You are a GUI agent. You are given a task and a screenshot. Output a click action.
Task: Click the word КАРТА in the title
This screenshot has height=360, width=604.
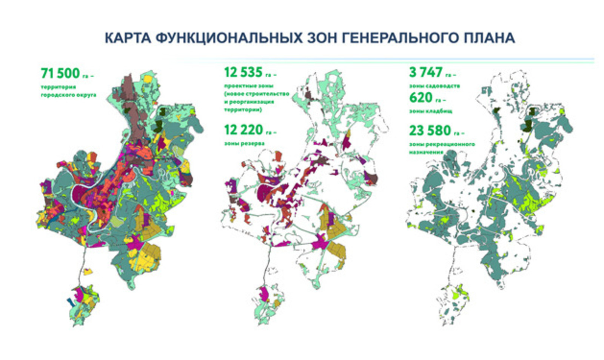(x=127, y=38)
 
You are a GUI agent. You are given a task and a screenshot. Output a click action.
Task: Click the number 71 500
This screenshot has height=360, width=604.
(x=60, y=73)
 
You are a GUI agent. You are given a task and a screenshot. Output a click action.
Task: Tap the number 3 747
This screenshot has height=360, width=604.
(x=426, y=72)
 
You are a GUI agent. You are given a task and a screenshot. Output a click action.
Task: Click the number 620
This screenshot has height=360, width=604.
(x=421, y=98)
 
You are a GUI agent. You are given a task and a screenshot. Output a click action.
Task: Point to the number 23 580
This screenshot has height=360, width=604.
(x=430, y=131)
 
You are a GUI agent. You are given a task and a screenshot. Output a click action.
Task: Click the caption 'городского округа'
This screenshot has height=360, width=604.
(x=68, y=95)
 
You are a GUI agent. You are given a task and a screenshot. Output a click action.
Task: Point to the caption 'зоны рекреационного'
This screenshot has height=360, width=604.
(x=442, y=144)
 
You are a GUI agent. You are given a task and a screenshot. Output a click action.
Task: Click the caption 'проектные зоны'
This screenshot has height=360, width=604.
(x=248, y=86)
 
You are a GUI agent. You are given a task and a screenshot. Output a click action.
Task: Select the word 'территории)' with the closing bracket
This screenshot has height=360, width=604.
(x=243, y=110)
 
